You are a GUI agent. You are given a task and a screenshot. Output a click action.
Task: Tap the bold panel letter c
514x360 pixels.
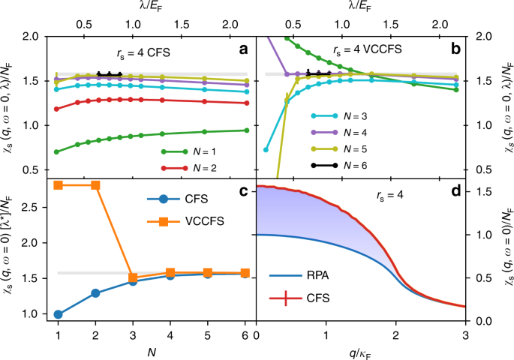tap(242, 190)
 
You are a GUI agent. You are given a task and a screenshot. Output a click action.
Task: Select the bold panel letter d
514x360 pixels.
tap(452, 190)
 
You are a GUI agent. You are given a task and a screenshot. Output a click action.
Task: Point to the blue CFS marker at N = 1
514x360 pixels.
tap(58, 314)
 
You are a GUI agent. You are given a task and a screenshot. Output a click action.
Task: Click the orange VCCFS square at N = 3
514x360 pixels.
tap(133, 277)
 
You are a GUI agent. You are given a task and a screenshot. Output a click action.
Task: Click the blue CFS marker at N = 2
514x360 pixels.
tap(95, 292)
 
